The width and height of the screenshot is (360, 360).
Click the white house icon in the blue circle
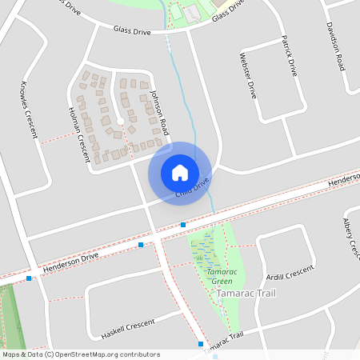pyautogui.click(x=180, y=173)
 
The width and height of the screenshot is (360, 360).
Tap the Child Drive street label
pyautogui.click(x=192, y=187)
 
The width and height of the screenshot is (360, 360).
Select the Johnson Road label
pyautogui.click(x=160, y=112)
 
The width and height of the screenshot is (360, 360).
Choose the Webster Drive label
pyautogui.click(x=248, y=74)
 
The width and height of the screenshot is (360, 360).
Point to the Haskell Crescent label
pyautogui.click(x=128, y=328)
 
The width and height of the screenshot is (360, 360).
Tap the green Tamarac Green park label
pyautogui.click(x=216, y=276)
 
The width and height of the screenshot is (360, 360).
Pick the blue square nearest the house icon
pyautogui.click(x=183, y=225)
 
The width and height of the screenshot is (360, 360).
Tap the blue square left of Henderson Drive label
pyautogui.click(x=29, y=278)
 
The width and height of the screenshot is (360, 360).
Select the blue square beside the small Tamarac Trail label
pyautogui.click(x=201, y=344)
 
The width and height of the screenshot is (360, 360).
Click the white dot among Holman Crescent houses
pyautogui.click(x=120, y=121)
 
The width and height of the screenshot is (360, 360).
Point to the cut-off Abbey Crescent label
pyautogui.click(x=352, y=236)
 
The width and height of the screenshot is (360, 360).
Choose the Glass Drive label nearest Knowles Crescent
pyautogui.click(x=132, y=30)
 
